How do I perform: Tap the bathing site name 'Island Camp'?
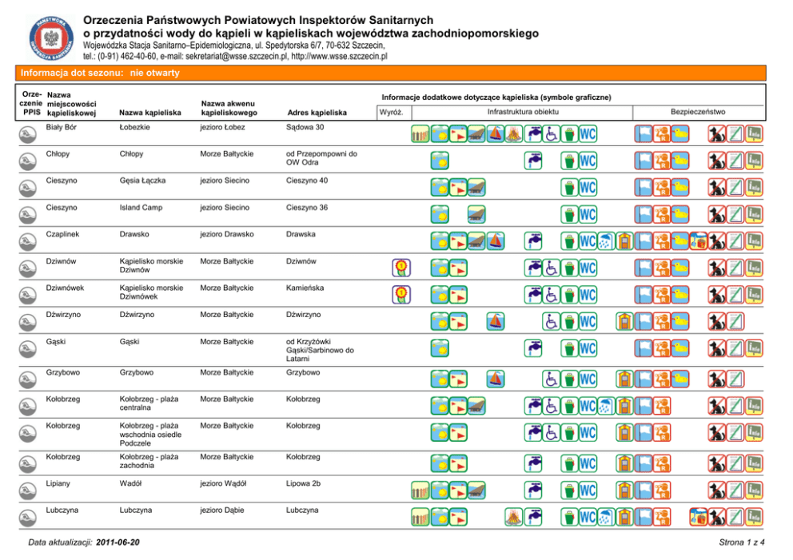pos(142,208)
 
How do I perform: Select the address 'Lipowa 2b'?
pos(307,483)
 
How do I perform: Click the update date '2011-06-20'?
pos(118,542)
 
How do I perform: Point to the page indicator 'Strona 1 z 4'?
pos(742,543)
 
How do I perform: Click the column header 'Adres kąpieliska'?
pos(317,113)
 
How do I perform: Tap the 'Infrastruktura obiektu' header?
pos(524,112)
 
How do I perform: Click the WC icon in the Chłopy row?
pos(588,161)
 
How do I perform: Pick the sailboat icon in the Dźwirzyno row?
pos(496,321)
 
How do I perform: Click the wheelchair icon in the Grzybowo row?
pos(552,379)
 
